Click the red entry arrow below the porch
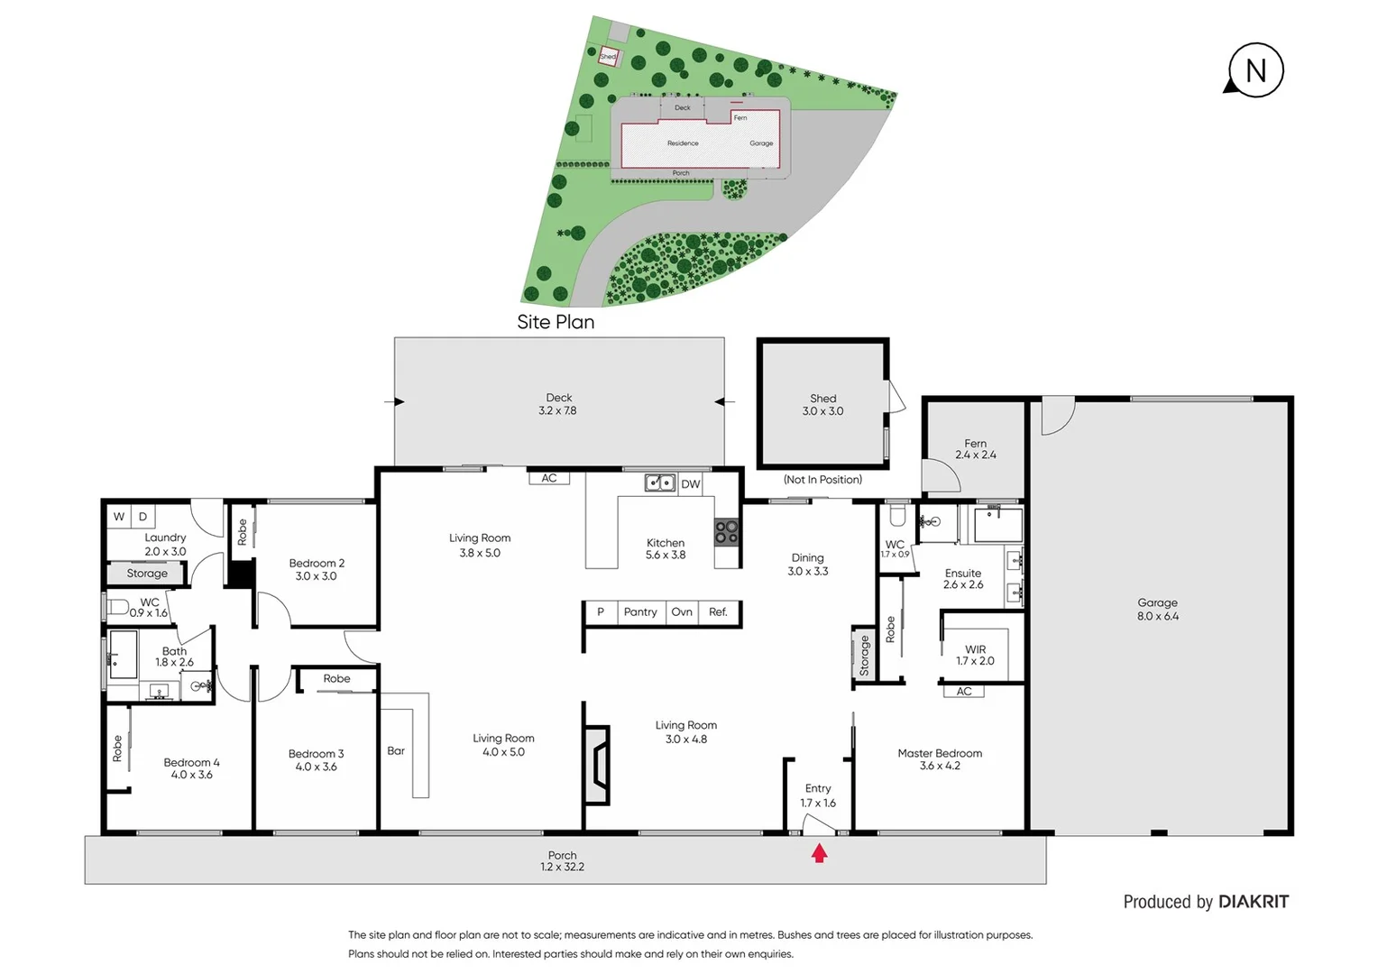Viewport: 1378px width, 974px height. tap(819, 852)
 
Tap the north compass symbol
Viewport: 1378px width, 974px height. tap(1254, 70)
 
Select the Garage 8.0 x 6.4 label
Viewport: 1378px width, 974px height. tap(1157, 610)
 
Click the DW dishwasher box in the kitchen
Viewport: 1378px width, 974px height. tap(690, 484)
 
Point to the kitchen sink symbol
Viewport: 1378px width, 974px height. tap(659, 483)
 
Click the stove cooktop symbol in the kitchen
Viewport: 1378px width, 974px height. tap(727, 531)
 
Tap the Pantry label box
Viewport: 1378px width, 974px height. tap(640, 612)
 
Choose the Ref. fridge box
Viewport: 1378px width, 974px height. tap(718, 612)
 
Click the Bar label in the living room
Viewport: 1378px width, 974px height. tap(396, 750)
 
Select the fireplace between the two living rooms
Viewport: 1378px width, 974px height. tap(596, 764)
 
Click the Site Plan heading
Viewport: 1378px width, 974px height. tap(556, 322)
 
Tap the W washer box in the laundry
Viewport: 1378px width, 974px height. tap(119, 517)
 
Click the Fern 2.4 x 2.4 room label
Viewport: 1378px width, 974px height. tap(975, 449)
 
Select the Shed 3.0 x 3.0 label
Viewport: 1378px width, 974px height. tap(822, 404)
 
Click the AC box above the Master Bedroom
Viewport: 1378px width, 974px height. tap(964, 692)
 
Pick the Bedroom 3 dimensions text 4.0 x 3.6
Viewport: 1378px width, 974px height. tap(316, 767)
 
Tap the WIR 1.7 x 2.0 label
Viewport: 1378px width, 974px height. tap(975, 655)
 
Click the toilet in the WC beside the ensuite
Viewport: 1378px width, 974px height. tap(896, 516)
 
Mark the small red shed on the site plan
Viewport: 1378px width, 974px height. tap(610, 57)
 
